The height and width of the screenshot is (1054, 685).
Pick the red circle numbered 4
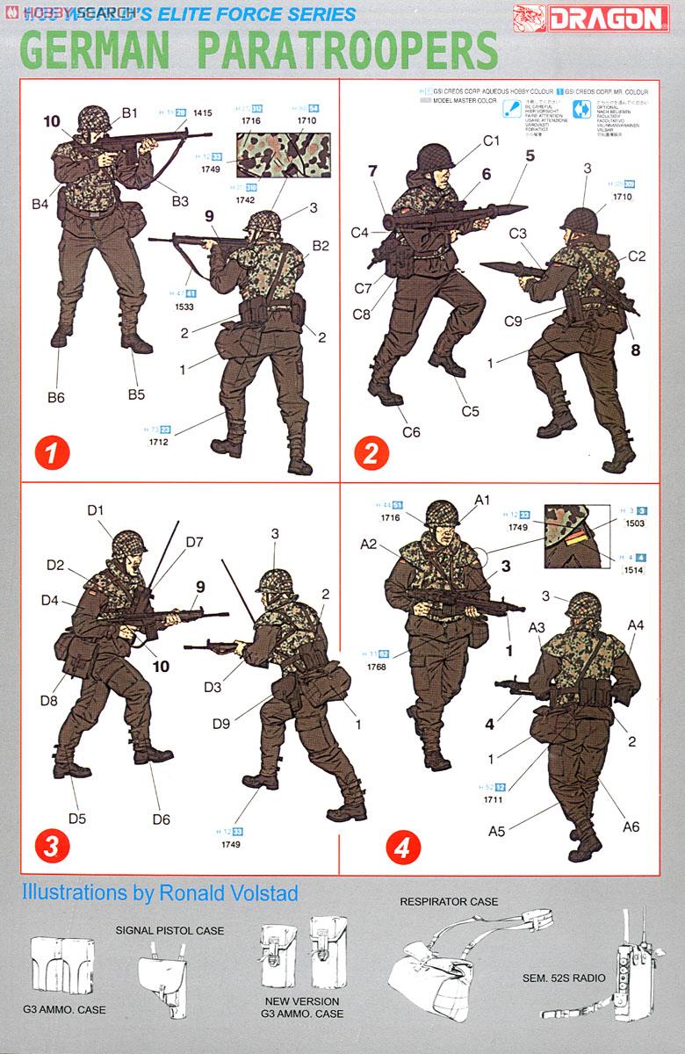tap(403, 847)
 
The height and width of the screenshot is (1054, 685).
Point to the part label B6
tap(54, 397)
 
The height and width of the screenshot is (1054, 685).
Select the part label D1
tap(96, 510)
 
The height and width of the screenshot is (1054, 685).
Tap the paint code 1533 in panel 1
tap(184, 307)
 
